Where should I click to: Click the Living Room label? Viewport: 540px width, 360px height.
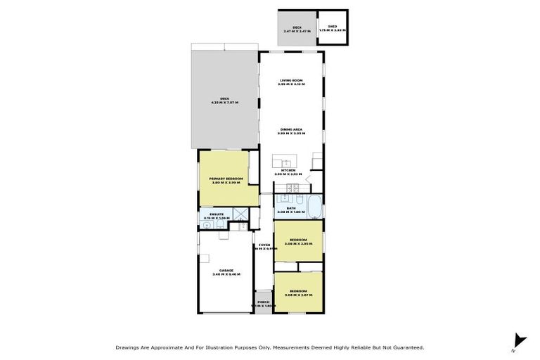(x=290, y=80)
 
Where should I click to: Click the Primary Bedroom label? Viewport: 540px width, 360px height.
(x=226, y=179)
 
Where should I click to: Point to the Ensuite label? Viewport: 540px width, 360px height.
(x=217, y=214)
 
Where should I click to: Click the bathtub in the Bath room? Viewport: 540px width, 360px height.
(x=316, y=209)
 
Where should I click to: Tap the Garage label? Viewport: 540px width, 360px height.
(x=226, y=270)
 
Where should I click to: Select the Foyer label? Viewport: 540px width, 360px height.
(x=264, y=245)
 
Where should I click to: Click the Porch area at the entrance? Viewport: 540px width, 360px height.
(x=263, y=303)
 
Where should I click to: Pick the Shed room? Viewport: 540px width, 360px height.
(x=333, y=28)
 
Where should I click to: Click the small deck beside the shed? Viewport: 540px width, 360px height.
(x=297, y=28)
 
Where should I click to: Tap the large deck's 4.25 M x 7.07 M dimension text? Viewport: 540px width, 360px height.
(x=224, y=103)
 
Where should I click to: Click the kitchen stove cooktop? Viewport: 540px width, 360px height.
(x=295, y=187)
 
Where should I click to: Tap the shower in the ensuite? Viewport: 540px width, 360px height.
(x=239, y=215)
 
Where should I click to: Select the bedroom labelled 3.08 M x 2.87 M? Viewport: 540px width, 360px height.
(x=298, y=292)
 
